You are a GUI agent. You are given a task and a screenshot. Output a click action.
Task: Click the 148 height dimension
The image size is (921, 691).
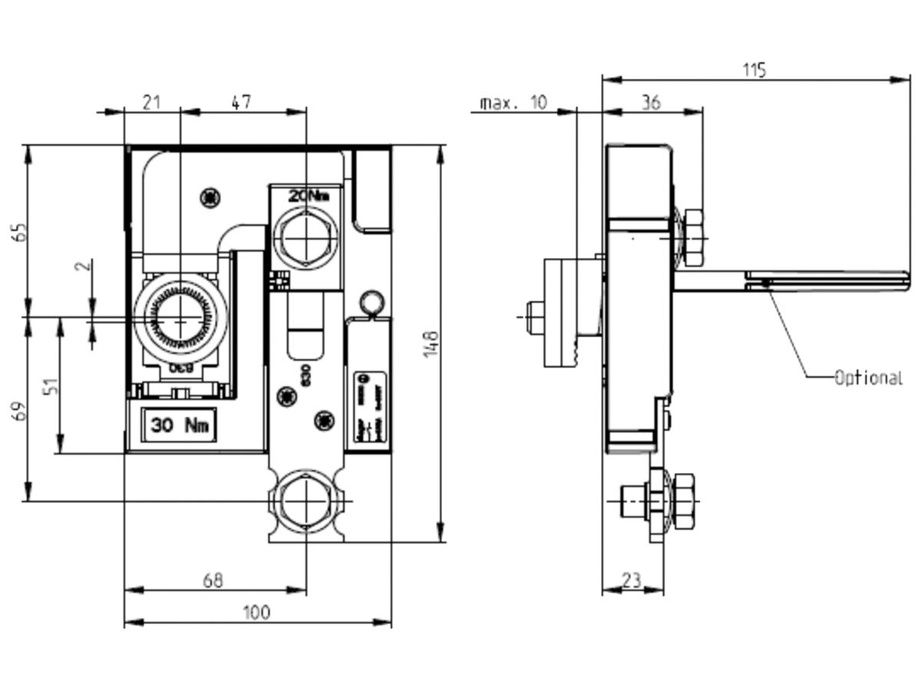[x=431, y=342]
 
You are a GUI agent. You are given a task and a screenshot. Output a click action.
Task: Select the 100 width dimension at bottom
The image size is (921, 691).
[x=256, y=612]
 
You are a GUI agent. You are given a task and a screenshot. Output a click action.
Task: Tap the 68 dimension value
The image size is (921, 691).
[x=213, y=580]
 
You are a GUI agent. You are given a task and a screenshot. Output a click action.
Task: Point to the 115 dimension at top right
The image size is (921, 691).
[x=754, y=70]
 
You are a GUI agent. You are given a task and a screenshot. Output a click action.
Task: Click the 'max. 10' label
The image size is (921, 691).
[x=513, y=102]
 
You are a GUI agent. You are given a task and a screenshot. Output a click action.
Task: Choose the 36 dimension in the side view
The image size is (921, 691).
[x=650, y=102]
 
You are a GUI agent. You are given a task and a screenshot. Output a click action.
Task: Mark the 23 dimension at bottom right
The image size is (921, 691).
[x=632, y=580]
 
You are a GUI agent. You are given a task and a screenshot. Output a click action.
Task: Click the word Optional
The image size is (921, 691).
[x=868, y=378]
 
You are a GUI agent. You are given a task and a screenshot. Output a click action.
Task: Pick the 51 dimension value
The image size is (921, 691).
[x=51, y=386]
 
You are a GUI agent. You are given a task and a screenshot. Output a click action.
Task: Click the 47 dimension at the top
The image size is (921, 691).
[x=241, y=102]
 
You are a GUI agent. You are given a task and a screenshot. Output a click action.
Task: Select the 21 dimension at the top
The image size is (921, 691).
[x=152, y=102]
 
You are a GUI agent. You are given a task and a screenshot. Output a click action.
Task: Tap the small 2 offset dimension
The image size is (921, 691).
[x=86, y=266]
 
